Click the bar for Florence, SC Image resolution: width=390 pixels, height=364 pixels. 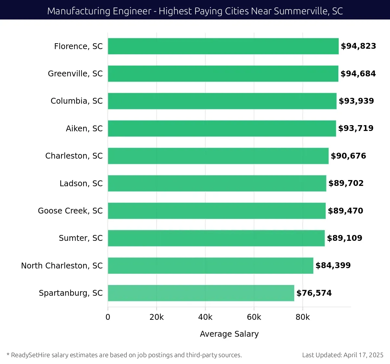tap(223, 46)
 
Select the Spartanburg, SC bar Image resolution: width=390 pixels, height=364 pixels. tap(201, 293)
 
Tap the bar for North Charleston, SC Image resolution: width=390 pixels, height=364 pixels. tap(210, 266)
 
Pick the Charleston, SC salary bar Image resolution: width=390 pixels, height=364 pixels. tap(218, 156)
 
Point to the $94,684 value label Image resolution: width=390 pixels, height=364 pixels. tap(358, 74)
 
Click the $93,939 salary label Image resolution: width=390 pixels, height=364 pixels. tap(356, 101)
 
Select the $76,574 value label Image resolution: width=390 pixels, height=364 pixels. tap(314, 293)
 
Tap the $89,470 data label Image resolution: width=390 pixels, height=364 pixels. tap(345, 211)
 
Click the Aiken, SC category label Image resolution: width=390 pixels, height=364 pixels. tap(84, 129)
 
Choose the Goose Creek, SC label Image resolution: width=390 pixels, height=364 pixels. tap(70, 211)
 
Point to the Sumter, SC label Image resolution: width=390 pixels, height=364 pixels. tap(81, 238)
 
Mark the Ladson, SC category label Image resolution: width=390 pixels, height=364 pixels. tap(81, 184)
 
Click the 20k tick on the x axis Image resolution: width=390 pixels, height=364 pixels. tap(156, 317)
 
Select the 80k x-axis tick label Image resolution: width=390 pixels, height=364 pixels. tap(303, 317)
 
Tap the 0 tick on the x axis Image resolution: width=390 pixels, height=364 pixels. tap(108, 317)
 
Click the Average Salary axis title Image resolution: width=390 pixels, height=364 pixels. tap(229, 334)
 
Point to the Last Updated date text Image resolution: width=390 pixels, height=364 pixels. tap(343, 355)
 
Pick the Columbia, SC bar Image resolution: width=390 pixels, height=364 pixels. tap(222, 101)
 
